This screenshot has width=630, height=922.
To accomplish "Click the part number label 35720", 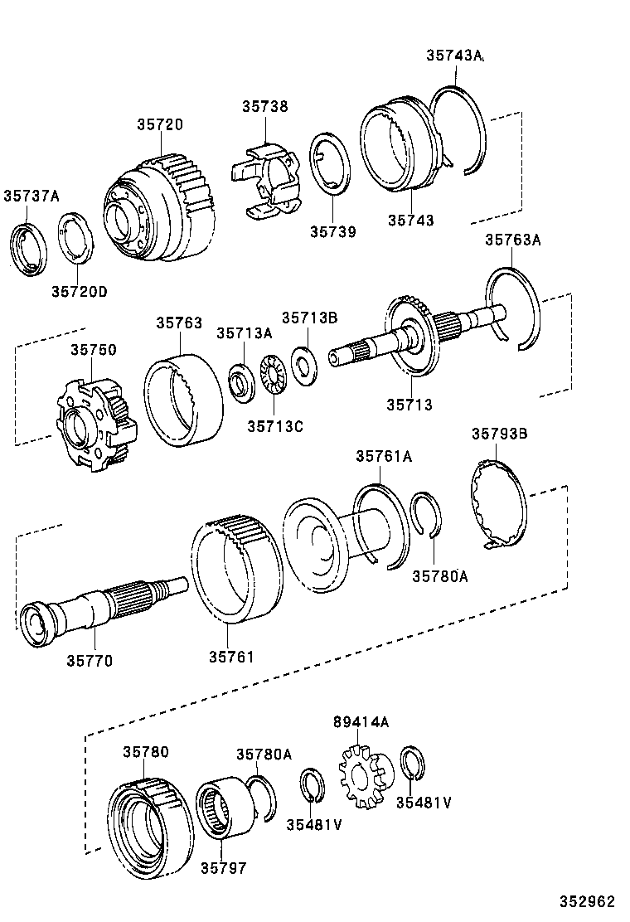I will coord(160,124).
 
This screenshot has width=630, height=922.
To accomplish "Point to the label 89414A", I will coord(361,721).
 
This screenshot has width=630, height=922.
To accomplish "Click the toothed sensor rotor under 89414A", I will coord(364,779).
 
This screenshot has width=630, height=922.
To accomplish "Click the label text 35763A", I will coord(512,240).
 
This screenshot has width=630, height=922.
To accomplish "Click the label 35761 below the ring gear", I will coord(231,657).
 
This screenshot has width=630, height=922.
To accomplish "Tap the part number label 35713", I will coord(409,405).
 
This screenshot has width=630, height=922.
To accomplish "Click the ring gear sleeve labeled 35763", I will coord(184,399).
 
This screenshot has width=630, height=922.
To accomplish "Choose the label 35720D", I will coord(80,291).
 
